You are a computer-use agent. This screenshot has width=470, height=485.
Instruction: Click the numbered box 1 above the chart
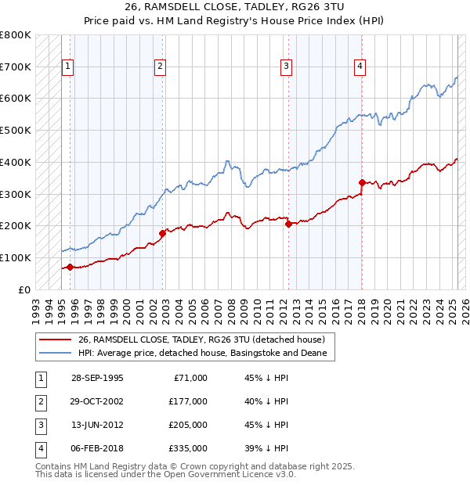tap(68, 67)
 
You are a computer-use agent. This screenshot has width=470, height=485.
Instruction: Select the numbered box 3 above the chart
tap(287, 67)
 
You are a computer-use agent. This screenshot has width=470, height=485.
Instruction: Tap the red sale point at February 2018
tap(362, 183)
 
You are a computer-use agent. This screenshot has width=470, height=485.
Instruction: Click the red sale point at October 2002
tap(163, 233)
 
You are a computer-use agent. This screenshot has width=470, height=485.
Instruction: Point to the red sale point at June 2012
tap(288, 224)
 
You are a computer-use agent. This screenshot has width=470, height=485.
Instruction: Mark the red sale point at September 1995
tap(70, 267)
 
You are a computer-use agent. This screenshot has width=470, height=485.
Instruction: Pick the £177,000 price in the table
tap(188, 401)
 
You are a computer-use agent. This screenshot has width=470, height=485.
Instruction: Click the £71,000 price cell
tap(190, 378)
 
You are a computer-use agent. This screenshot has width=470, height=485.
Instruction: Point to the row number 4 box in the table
tap(39, 448)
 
